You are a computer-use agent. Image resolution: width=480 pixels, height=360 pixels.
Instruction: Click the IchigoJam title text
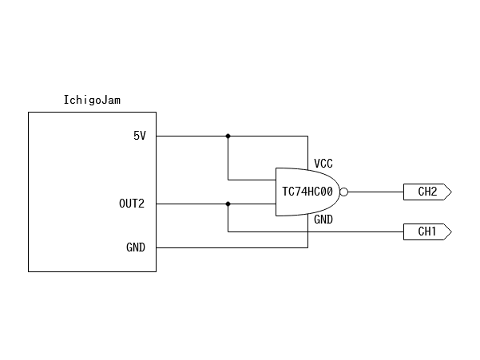[92, 100]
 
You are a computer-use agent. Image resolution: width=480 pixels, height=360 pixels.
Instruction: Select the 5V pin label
[140, 136]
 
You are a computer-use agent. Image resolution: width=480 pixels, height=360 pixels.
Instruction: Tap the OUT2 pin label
[132, 204]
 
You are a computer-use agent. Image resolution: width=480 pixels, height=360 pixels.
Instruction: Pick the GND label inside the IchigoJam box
[136, 247]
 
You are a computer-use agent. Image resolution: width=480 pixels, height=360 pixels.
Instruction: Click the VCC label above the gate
[323, 163]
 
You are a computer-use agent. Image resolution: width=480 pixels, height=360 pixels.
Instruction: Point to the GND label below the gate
[323, 220]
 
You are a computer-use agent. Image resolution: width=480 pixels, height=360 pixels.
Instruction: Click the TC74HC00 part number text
[307, 192]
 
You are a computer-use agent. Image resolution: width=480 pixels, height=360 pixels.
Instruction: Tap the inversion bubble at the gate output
[344, 192]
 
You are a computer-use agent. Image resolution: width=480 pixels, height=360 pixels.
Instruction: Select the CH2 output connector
[428, 192]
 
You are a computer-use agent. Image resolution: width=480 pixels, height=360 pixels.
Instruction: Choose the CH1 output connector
[428, 231]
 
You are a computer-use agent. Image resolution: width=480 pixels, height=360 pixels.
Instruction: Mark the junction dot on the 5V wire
[228, 136]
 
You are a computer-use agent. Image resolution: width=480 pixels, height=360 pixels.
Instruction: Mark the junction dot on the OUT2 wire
[228, 204]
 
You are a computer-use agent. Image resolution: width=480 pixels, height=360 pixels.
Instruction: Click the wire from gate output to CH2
[375, 192]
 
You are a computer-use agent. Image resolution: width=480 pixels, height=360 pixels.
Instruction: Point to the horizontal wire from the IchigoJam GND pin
[232, 247]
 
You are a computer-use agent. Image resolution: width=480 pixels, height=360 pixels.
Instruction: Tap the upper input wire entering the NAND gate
[252, 180]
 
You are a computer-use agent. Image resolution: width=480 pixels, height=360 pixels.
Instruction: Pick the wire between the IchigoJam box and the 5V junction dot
[192, 136]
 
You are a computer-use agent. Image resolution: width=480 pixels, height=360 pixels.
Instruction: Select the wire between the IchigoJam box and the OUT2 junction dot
[192, 204]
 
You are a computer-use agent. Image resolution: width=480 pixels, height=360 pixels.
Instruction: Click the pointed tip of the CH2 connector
[451, 192]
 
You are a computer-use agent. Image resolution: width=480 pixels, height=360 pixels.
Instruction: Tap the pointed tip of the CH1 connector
[451, 231]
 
